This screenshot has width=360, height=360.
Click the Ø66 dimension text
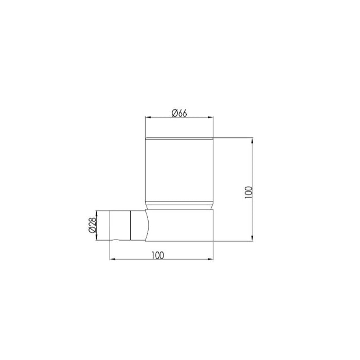tap(179, 113)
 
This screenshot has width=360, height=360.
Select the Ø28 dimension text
tap(92, 225)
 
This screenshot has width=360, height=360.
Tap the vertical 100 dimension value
tap(248, 192)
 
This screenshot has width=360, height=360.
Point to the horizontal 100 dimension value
tap(158, 255)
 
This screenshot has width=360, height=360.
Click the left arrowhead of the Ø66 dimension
tap(148, 117)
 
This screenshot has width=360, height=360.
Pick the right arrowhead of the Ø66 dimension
tap(210, 117)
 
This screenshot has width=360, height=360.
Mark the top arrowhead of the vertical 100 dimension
tap(253, 140)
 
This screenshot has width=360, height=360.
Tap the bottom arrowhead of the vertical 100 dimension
tap(253, 238)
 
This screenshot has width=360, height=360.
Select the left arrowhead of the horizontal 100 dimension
tap(113, 259)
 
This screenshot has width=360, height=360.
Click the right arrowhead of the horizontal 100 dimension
tap(210, 259)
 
